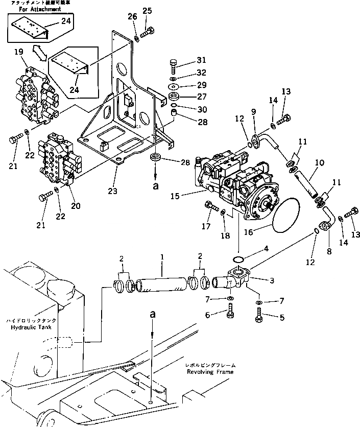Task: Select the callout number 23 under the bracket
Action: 112,192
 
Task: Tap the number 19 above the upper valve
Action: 18,52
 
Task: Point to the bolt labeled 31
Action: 173,65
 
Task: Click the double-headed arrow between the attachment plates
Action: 40,51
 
